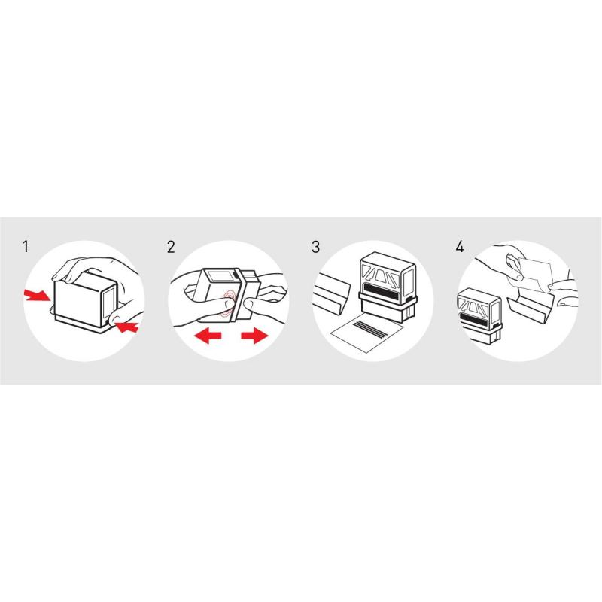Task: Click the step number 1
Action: click(x=26, y=247)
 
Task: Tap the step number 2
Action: click(x=171, y=247)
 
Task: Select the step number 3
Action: click(x=315, y=247)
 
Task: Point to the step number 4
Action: click(x=460, y=247)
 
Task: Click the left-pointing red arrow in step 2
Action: click(x=208, y=336)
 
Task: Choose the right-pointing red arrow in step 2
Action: click(x=254, y=336)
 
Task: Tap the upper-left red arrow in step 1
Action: click(x=37, y=295)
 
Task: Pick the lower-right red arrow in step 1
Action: click(x=127, y=327)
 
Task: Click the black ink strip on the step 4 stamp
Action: click(x=474, y=318)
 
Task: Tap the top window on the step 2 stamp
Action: click(x=219, y=277)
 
